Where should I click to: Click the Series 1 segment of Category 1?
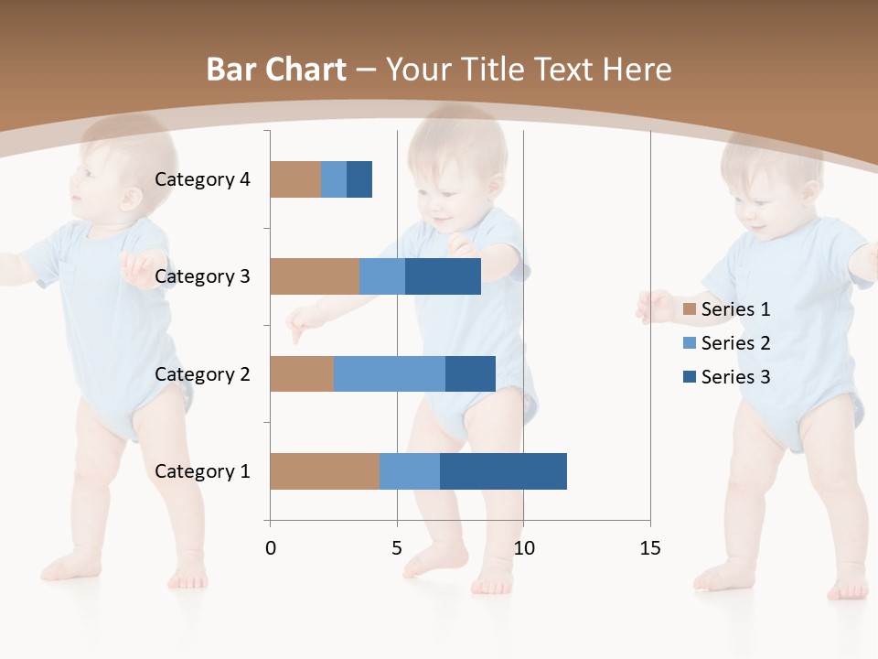pos(324,471)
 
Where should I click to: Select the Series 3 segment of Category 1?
pos(503,471)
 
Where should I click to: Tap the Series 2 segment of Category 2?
pos(389,373)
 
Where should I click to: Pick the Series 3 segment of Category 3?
pos(443,276)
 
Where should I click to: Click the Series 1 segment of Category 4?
pos(295,179)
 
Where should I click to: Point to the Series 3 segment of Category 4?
pos(359,179)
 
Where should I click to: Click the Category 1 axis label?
pos(202,471)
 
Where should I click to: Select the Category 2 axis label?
pos(202,373)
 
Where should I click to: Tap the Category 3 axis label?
pos(202,276)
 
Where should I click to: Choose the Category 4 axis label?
pos(202,179)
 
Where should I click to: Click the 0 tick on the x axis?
pos(270,548)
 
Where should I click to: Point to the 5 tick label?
pos(397,548)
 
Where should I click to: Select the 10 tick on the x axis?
pos(523,548)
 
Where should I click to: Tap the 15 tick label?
pos(650,548)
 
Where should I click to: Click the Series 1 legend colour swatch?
pos(690,309)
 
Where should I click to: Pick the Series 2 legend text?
pos(735,343)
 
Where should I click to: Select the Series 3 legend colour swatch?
pos(690,377)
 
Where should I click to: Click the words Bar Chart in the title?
pos(276,70)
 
